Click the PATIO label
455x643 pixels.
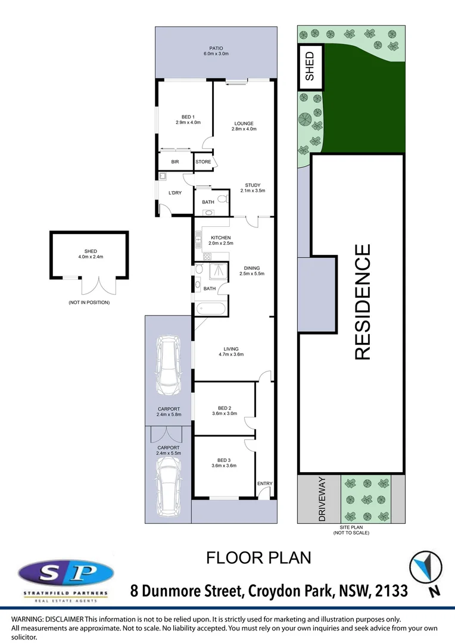(215, 48)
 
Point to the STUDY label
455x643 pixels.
(251, 185)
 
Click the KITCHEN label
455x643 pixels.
(220, 238)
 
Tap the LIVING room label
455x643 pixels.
(230, 349)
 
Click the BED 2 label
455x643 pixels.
(225, 408)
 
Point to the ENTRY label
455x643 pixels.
(264, 483)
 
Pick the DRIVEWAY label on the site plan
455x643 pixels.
(322, 499)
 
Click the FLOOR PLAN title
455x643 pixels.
(258, 558)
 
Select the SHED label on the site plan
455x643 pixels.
(310, 66)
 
